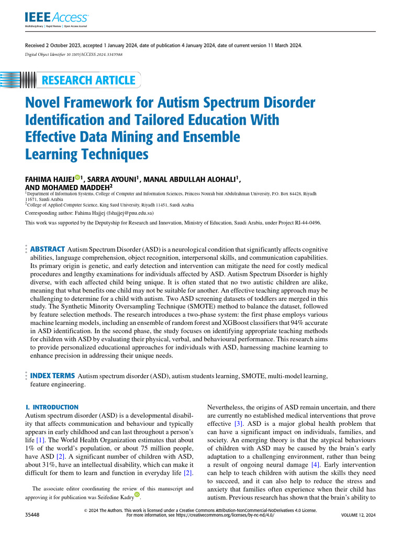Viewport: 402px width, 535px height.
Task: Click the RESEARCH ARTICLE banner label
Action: (88, 80)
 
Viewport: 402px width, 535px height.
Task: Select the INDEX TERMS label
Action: (52, 376)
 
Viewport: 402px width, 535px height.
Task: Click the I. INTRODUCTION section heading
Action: (52, 407)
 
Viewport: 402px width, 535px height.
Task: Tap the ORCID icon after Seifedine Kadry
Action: (138, 494)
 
